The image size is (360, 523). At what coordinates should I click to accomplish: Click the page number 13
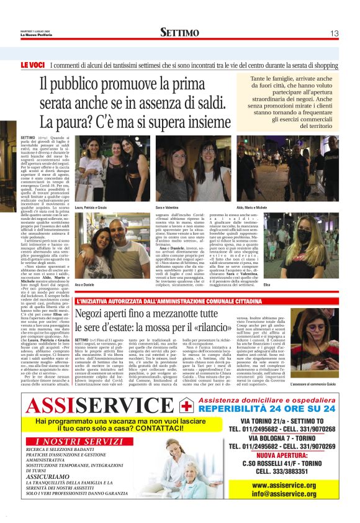pyautogui.click(x=333, y=33)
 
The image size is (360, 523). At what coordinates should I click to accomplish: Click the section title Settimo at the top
pyautogui.click(x=179, y=32)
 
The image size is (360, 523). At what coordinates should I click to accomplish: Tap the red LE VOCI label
pyautogui.click(x=31, y=65)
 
